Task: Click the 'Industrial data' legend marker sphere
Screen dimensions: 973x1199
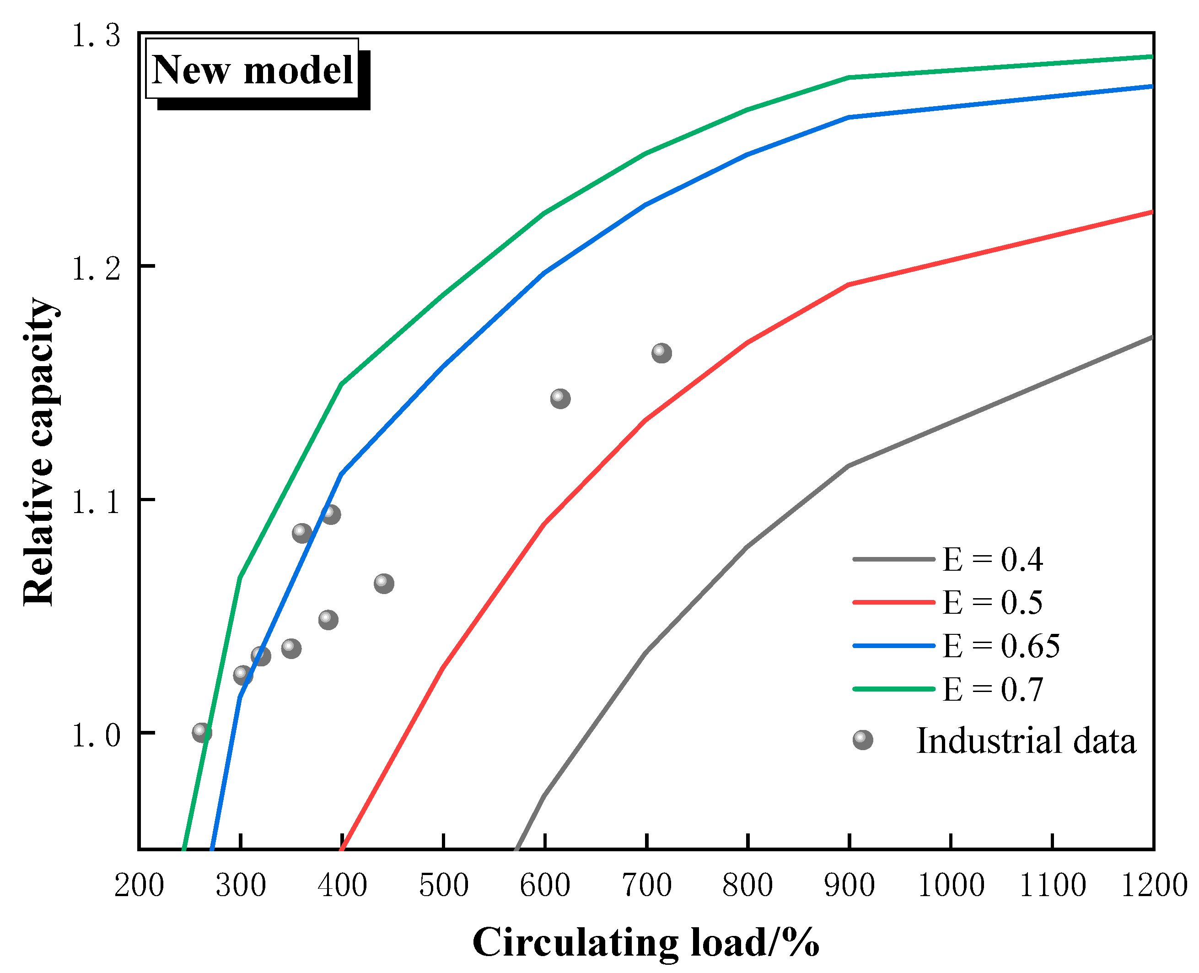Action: [x=863, y=740]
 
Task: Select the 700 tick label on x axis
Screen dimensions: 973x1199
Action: [x=646, y=886]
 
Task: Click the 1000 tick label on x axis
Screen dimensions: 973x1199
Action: [x=951, y=886]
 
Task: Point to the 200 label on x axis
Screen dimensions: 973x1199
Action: [x=139, y=886]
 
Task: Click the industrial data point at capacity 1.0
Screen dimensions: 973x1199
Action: [x=202, y=732]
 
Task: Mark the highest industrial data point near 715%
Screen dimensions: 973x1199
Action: [x=661, y=352]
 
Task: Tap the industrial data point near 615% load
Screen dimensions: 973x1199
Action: [x=560, y=399]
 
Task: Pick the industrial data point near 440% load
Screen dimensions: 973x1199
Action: [x=383, y=584]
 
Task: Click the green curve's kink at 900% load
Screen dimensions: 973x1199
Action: [x=850, y=77]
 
